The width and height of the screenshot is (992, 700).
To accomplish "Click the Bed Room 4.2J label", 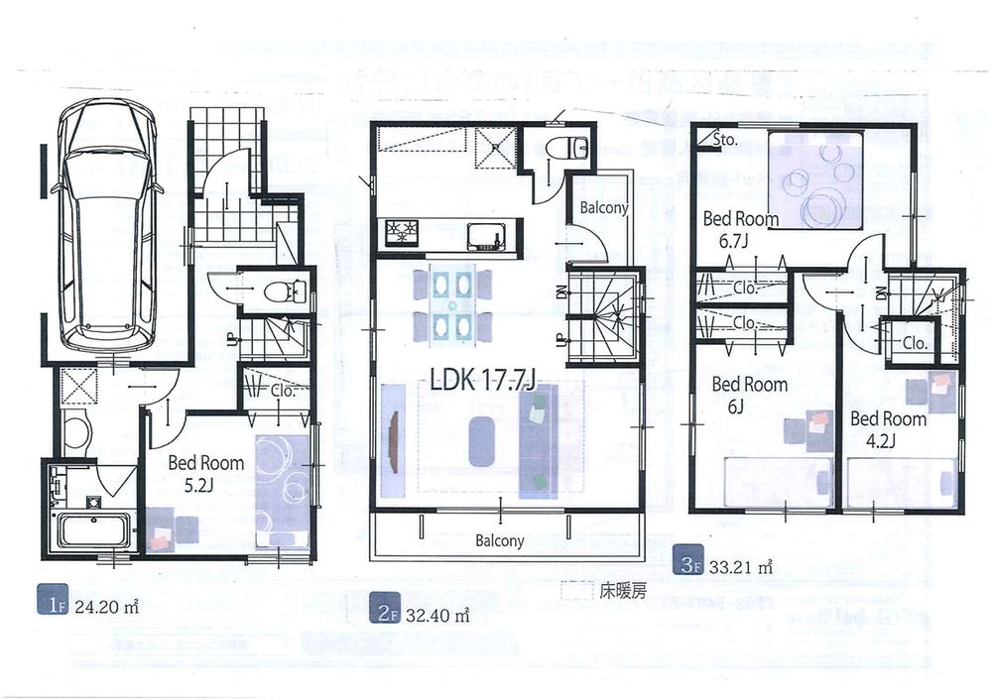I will [888, 427].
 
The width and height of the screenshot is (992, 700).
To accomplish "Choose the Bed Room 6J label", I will [749, 394].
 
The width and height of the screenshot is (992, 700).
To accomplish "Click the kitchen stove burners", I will [404, 234].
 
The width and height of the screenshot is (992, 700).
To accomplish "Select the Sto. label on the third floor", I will [726, 141].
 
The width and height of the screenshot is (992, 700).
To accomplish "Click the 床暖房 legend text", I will [622, 592].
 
